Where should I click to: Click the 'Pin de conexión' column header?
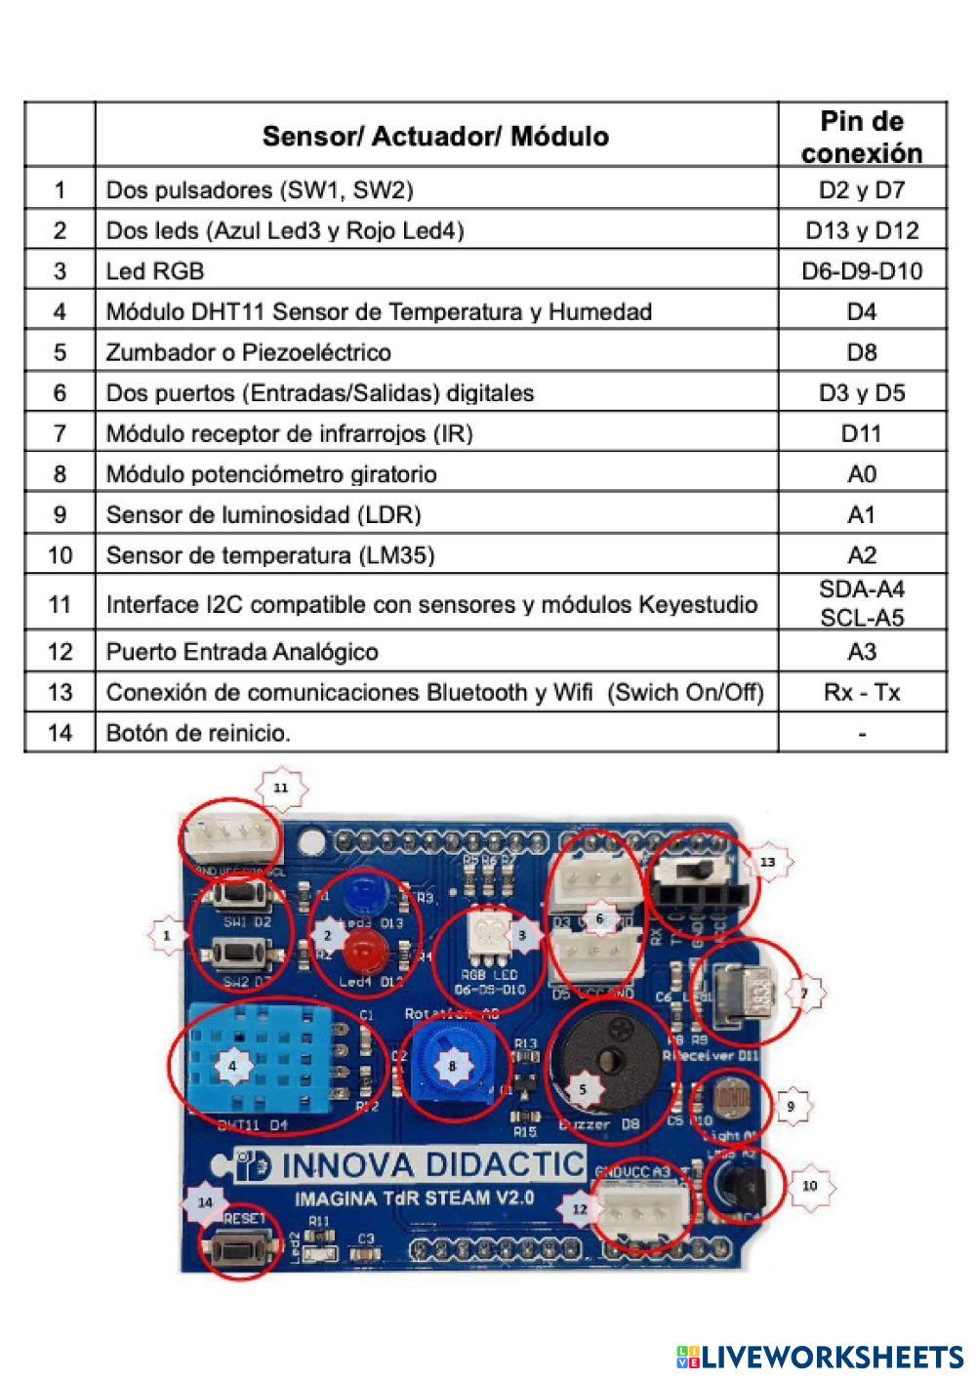click(x=862, y=137)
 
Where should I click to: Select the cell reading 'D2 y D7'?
click(x=862, y=189)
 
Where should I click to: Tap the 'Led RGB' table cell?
click(x=155, y=271)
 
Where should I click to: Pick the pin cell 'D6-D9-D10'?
click(x=862, y=271)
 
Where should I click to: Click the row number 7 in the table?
click(x=60, y=433)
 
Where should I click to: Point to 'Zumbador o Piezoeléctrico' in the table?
click(x=248, y=352)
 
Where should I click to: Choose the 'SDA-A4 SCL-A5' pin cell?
click(x=862, y=603)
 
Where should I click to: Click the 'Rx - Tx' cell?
click(x=862, y=693)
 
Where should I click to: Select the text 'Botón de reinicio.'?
click(x=198, y=733)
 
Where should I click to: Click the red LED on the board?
click(x=364, y=948)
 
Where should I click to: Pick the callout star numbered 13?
click(x=768, y=863)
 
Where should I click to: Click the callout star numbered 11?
click(x=281, y=786)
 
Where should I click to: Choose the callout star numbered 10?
click(x=809, y=1186)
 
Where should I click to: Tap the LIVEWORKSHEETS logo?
click(x=820, y=1356)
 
